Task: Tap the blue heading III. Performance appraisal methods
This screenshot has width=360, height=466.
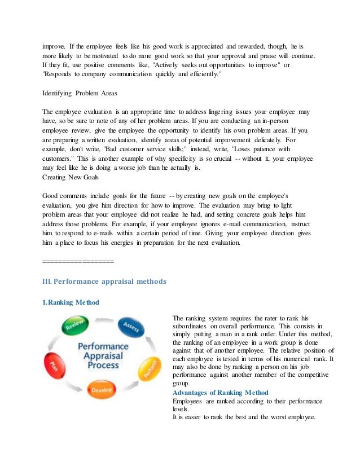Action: click(104, 280)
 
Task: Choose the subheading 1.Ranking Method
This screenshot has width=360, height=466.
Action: click(71, 302)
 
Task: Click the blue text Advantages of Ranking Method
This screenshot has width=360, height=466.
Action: click(220, 393)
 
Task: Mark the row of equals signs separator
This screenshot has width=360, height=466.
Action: click(78, 262)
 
